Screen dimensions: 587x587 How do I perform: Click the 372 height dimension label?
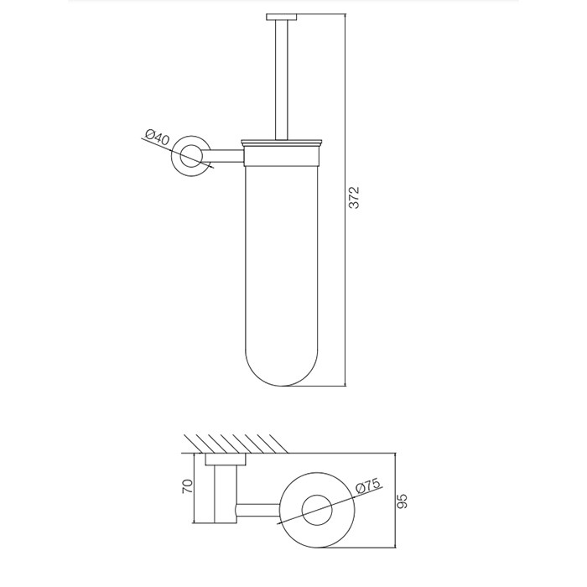click(354, 197)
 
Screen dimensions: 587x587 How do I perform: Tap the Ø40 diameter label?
click(158, 137)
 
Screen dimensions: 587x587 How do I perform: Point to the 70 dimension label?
click(187, 486)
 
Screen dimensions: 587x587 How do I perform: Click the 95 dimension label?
click(401, 501)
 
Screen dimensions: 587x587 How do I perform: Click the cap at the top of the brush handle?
click(282, 17)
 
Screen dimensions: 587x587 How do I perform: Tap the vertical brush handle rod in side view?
click(282, 81)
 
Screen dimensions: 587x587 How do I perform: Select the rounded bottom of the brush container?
click(282, 369)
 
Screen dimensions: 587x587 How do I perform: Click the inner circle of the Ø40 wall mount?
click(191, 156)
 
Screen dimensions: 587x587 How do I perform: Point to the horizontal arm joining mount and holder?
click(225, 156)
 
